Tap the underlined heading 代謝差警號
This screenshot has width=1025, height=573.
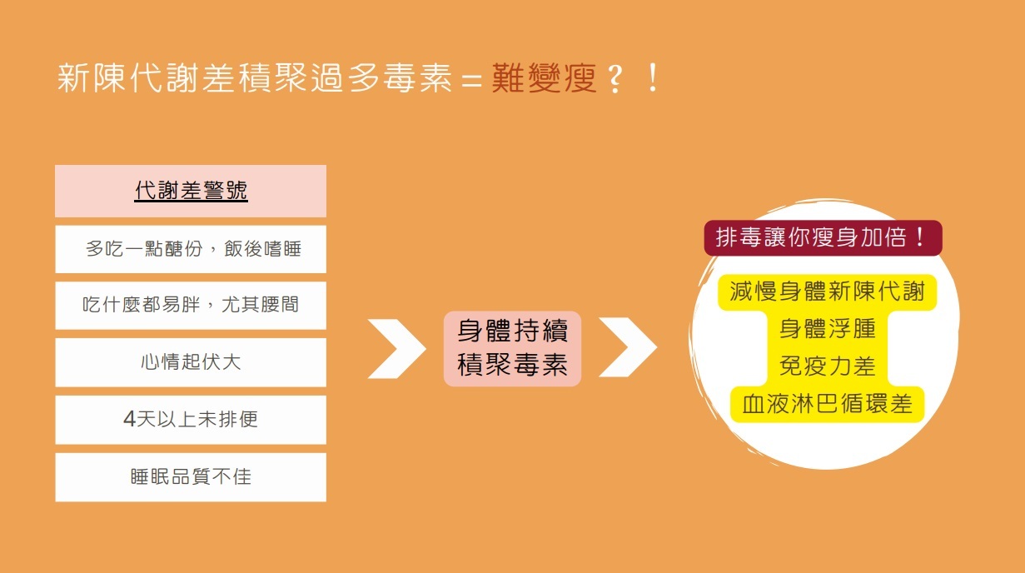[191, 191]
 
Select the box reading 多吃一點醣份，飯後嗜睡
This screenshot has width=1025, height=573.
[191, 249]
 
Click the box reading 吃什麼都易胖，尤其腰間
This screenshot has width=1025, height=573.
[191, 305]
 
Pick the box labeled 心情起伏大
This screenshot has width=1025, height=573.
[191, 362]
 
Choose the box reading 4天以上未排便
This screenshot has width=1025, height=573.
[191, 420]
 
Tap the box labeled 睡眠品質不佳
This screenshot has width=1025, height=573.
[191, 477]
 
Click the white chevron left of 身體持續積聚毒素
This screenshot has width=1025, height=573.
[396, 347]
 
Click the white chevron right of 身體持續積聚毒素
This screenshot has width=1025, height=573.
[628, 347]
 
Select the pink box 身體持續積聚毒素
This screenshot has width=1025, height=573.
[512, 348]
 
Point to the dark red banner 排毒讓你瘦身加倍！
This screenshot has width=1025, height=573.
[823, 238]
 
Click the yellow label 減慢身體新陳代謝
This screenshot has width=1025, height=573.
[827, 291]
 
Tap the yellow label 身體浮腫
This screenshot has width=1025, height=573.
[827, 329]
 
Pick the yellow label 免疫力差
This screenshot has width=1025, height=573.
[827, 366]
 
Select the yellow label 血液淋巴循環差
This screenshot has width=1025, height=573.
[827, 405]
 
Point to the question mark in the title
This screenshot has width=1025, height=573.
[615, 79]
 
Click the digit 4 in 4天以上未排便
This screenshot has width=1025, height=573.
[129, 420]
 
